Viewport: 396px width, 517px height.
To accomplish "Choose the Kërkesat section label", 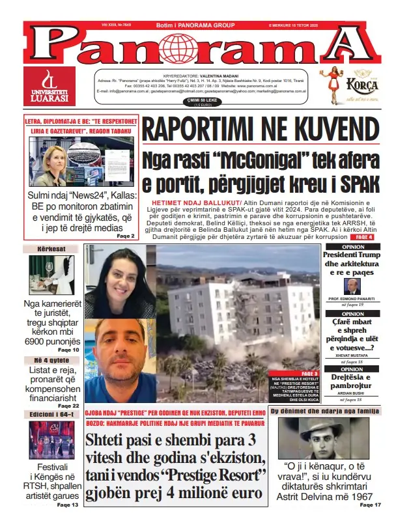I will (46, 249).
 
